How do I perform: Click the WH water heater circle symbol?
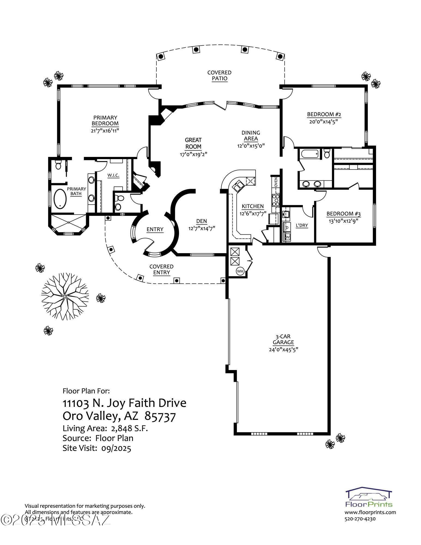tap(240, 271)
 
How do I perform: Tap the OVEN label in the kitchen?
tap(276, 182)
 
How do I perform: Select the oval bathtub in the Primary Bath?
tap(60, 199)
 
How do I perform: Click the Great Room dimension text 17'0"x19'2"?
tap(193, 154)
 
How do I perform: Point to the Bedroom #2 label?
tap(324, 114)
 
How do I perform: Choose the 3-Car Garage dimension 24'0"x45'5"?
tap(283, 349)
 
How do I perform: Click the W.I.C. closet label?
tap(113, 175)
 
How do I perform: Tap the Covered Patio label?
tap(219, 75)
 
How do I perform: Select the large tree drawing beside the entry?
tap(65, 296)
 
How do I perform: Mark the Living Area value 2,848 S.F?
tap(129, 429)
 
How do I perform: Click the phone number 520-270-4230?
tap(360, 519)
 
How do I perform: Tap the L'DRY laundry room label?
tap(302, 225)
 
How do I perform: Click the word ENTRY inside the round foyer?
tap(155, 229)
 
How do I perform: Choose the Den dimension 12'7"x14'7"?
tap(202, 228)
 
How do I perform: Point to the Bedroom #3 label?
tap(343, 214)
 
